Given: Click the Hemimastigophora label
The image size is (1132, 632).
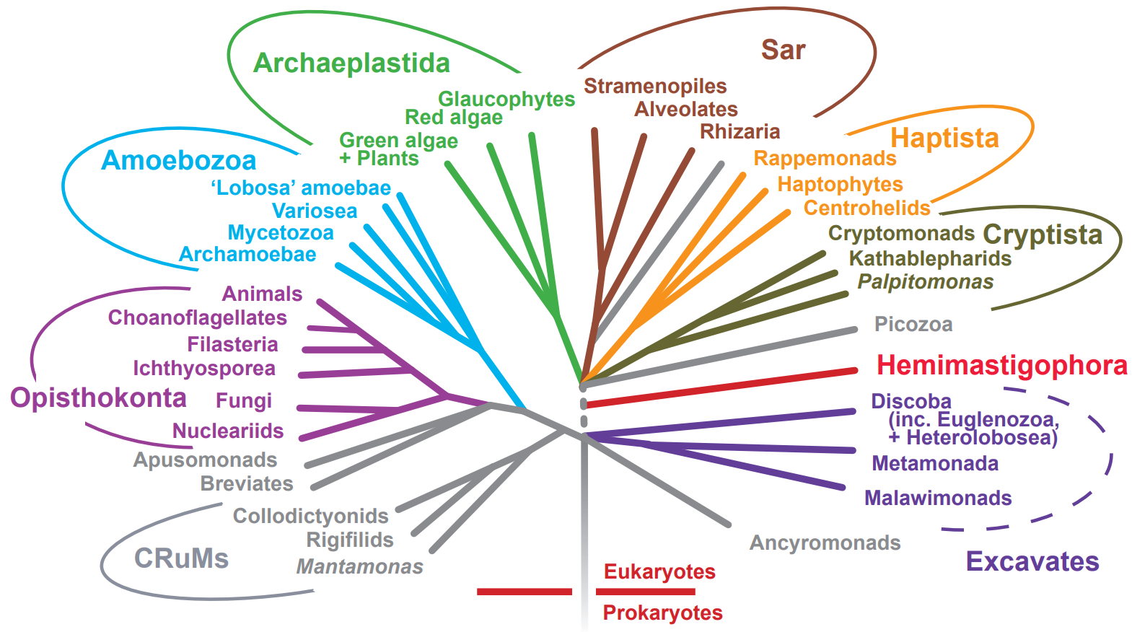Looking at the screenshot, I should pyautogui.click(x=1001, y=366).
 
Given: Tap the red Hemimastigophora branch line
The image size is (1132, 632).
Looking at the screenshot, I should pyautogui.click(x=721, y=387).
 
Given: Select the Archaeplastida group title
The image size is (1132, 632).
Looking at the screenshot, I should pyautogui.click(x=351, y=63).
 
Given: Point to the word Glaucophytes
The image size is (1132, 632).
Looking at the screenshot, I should pyautogui.click(x=506, y=99).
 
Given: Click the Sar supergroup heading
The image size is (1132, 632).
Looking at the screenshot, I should pyautogui.click(x=783, y=50).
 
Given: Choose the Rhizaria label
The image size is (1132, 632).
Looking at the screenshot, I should pyautogui.click(x=740, y=131).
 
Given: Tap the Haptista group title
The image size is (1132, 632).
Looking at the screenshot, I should pyautogui.click(x=944, y=138).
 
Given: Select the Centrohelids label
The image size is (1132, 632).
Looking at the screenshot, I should pyautogui.click(x=866, y=208).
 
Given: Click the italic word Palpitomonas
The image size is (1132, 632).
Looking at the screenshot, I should pyautogui.click(x=925, y=281).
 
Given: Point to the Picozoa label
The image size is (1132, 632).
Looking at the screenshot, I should pyautogui.click(x=913, y=324).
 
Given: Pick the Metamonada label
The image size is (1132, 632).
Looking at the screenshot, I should pyautogui.click(x=934, y=463).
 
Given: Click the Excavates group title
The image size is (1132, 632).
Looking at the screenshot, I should pyautogui.click(x=1032, y=561).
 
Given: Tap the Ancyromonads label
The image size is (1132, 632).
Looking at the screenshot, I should pyautogui.click(x=825, y=543).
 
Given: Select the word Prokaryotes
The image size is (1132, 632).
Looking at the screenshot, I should pyautogui.click(x=662, y=613).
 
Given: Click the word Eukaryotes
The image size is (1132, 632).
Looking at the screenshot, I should pyautogui.click(x=659, y=571).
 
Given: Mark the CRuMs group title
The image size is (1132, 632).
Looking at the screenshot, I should pyautogui.click(x=181, y=558).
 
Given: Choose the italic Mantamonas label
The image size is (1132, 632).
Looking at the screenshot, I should pyautogui.click(x=359, y=566).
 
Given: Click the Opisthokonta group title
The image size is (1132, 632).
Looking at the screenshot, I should pyautogui.click(x=98, y=398).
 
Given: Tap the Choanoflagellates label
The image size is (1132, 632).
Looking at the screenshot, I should pyautogui.click(x=197, y=317).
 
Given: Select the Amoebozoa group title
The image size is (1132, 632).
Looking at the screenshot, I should pyautogui.click(x=178, y=160).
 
